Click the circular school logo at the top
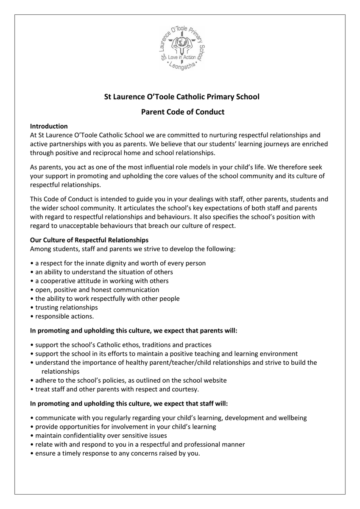coord(182,48)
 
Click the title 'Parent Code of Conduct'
coord(182,112)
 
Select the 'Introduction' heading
coord(49,126)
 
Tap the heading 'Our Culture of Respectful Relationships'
coord(89,240)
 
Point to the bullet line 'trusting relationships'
coord(66,308)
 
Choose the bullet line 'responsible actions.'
coord(64,316)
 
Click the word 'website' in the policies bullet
coord(215,380)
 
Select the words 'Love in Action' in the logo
coord(182,57)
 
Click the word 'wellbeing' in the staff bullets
coord(293,418)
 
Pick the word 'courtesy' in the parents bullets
coord(185,389)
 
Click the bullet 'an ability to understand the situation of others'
coord(104,272)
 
